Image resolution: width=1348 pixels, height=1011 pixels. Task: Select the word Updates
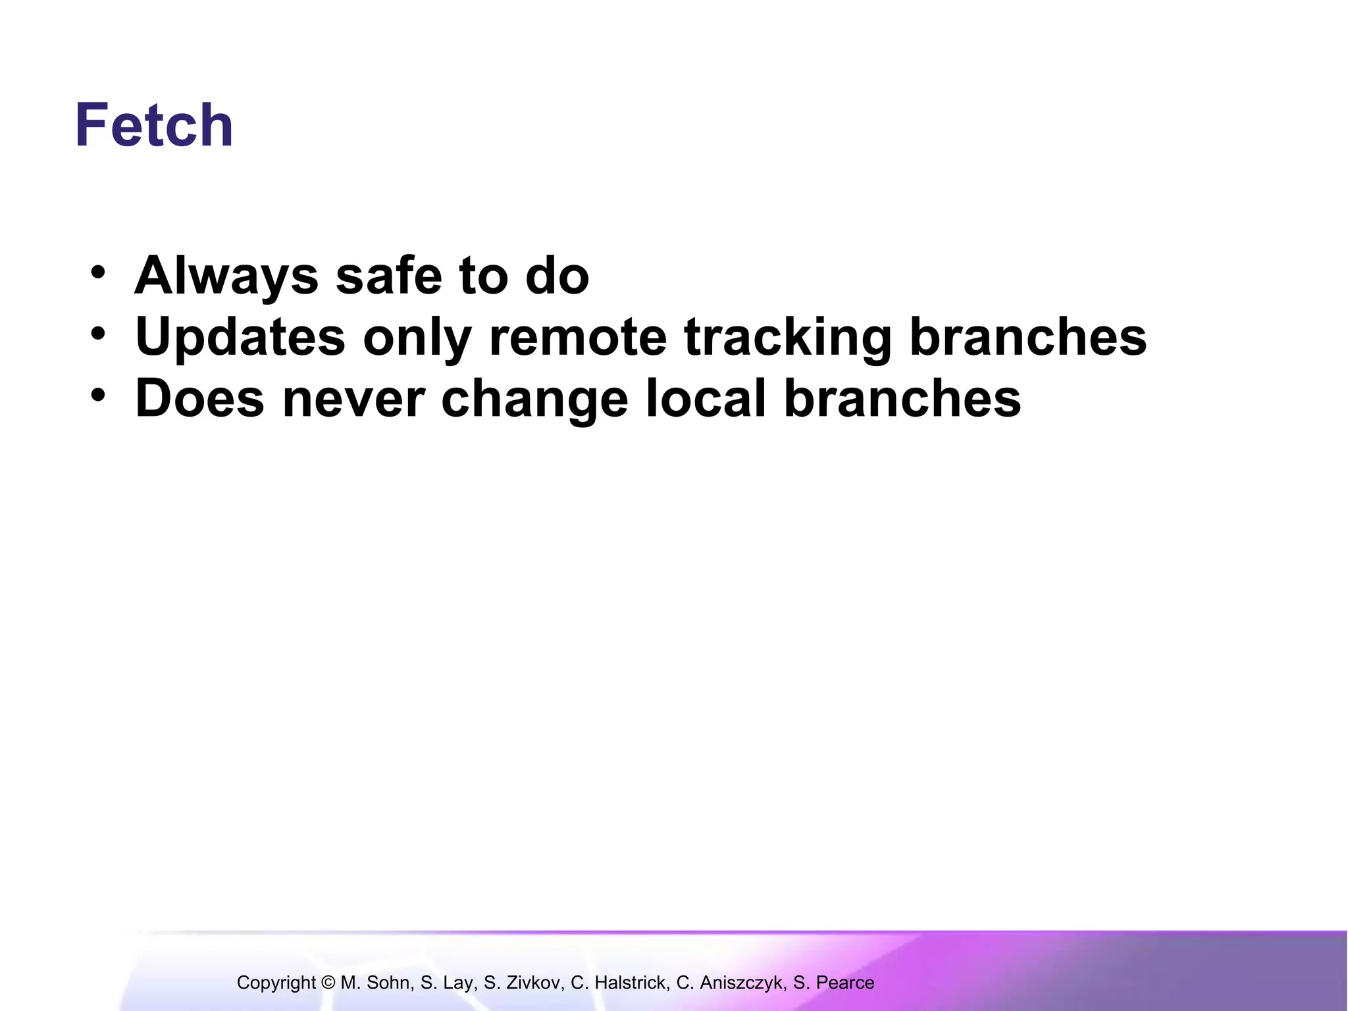pos(240,337)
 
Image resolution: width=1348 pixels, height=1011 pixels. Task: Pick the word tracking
pos(788,337)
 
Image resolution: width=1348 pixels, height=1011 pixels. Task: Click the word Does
pos(199,398)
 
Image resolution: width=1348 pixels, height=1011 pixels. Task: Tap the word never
pos(353,398)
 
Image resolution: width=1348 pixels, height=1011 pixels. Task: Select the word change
pos(534,398)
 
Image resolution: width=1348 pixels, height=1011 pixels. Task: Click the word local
pos(706,398)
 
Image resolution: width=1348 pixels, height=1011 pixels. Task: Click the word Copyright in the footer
pos(276,983)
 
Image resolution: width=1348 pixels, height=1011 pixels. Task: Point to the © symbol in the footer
pos(328,983)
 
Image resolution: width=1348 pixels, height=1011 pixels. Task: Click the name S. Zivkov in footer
pos(524,983)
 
